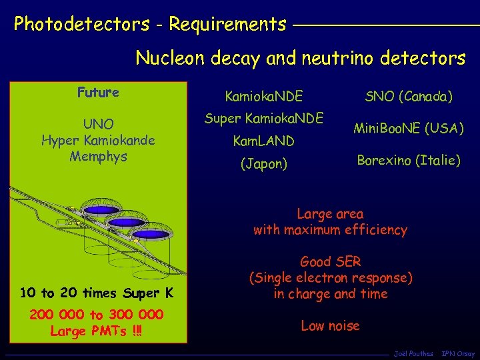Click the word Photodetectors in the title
pyautogui.click(x=82, y=25)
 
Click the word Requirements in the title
pyautogui.click(x=227, y=25)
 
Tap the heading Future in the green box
pyautogui.click(x=98, y=93)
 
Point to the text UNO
pyautogui.click(x=98, y=124)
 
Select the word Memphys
pyautogui.click(x=98, y=157)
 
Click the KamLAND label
pyautogui.click(x=264, y=141)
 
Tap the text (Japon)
pyautogui.click(x=264, y=163)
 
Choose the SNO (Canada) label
pyautogui.click(x=408, y=97)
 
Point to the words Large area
pyautogui.click(x=330, y=214)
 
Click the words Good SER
pyautogui.click(x=330, y=261)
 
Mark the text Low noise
pyautogui.click(x=330, y=325)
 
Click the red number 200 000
pyautogui.click(x=57, y=315)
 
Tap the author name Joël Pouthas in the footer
pyautogui.click(x=413, y=354)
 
